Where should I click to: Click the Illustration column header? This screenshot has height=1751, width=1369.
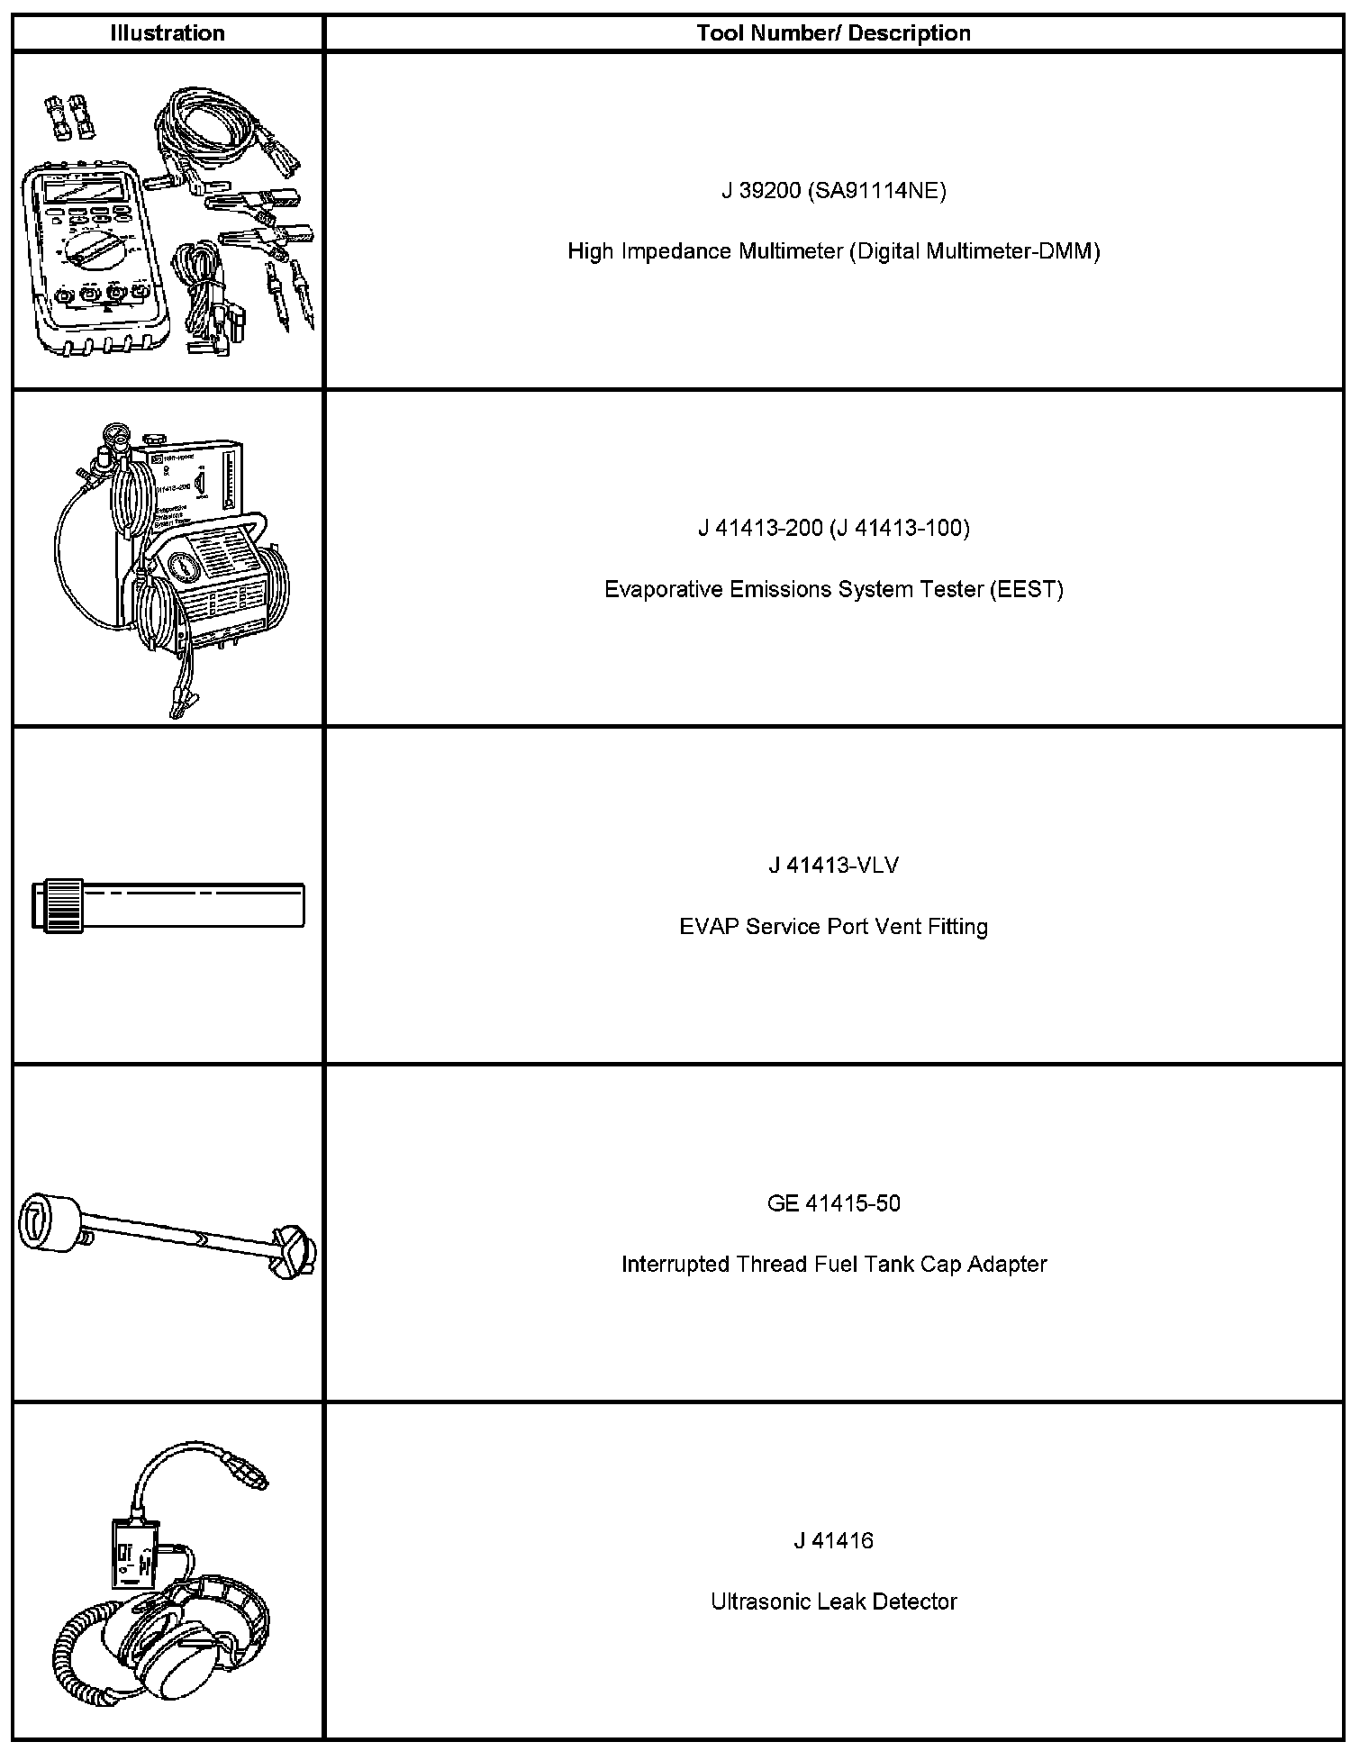point(167,33)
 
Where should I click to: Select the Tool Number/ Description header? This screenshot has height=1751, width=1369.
point(833,33)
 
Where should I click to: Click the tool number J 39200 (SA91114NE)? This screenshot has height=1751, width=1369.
point(833,191)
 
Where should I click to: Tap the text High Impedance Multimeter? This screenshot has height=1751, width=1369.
point(705,251)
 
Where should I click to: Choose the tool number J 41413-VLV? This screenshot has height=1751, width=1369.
point(833,866)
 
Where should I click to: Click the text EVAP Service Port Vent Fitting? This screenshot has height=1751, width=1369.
point(833,927)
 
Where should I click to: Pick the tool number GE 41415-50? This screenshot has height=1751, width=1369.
point(833,1203)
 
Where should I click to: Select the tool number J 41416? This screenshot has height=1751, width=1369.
point(833,1541)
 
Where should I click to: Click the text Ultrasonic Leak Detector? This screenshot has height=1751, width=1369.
point(833,1602)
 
